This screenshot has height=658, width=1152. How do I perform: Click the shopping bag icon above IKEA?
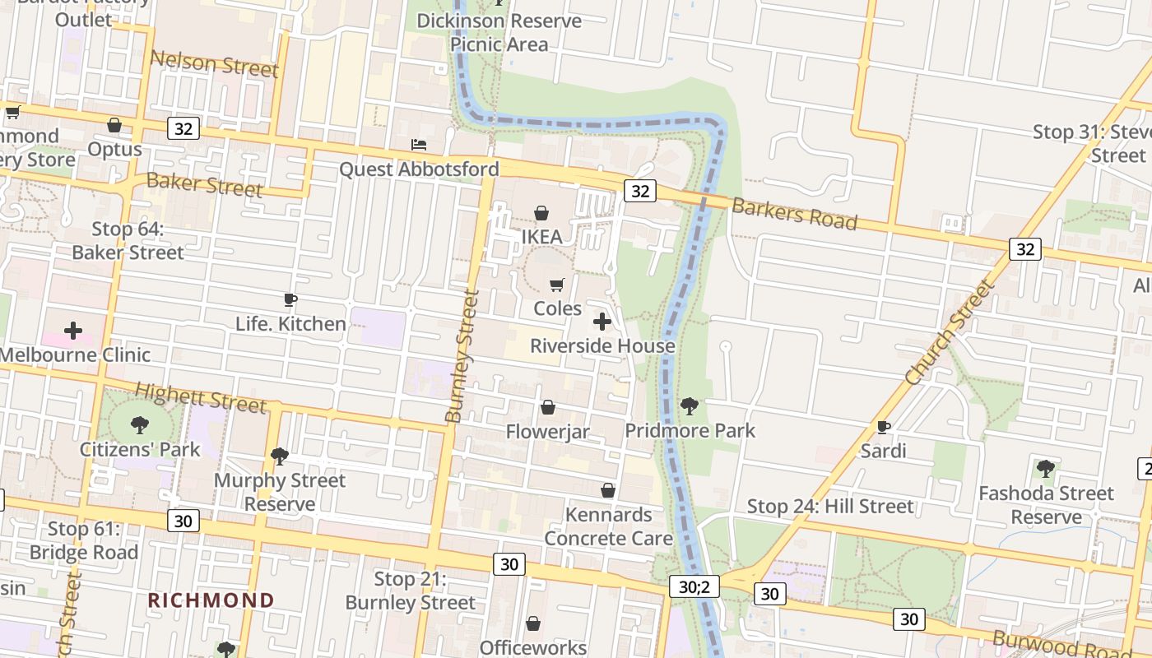coord(541,214)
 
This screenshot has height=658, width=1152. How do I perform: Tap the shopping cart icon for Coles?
coord(557,285)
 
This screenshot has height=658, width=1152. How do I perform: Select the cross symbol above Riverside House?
coord(602,322)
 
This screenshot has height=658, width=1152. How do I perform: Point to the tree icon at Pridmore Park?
coord(690,405)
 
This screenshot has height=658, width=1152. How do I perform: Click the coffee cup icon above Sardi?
coord(884,427)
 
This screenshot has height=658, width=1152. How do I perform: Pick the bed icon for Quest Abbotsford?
coord(419,145)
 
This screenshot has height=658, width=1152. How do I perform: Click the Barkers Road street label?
coord(794,214)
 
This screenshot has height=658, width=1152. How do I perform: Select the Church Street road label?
coord(950,332)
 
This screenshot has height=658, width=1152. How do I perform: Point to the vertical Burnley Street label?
coord(462,356)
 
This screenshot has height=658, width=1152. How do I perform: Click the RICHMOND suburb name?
coord(211,600)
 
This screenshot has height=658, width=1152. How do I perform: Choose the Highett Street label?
coord(201,397)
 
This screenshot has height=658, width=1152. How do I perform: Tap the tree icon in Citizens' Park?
coord(140,424)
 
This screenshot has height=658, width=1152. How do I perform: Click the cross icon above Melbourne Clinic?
coord(73,331)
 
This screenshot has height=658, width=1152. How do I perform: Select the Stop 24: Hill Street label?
coord(829,506)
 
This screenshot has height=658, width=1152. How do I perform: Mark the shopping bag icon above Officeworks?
coord(533,623)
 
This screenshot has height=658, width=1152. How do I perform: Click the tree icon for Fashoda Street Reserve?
coord(1045,469)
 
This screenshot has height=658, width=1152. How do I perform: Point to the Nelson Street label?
coord(214,63)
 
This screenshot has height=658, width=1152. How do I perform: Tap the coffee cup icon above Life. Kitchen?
coord(290,299)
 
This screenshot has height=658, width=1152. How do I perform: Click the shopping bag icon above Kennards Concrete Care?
coord(608,490)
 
